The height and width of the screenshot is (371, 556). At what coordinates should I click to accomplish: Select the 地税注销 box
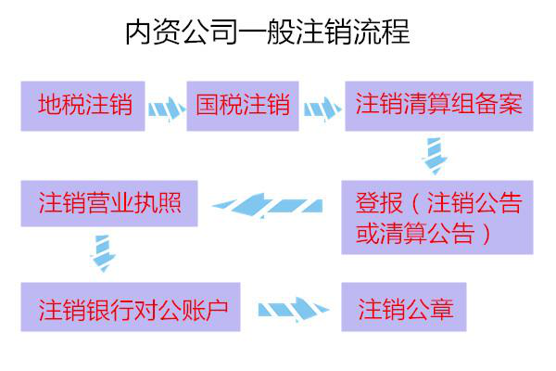click(x=83, y=105)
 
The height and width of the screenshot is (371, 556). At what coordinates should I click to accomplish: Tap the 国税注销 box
click(x=243, y=105)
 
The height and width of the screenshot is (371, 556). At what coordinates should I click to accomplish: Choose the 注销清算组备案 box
click(x=439, y=105)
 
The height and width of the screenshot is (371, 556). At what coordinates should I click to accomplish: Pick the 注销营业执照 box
click(x=109, y=203)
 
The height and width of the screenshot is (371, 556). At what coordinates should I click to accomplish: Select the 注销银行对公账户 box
click(x=130, y=307)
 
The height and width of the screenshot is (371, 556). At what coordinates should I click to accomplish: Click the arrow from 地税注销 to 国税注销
click(x=166, y=109)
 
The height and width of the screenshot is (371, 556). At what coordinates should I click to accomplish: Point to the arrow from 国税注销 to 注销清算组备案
click(x=322, y=109)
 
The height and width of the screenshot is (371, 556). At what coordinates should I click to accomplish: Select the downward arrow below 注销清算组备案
click(x=436, y=154)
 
